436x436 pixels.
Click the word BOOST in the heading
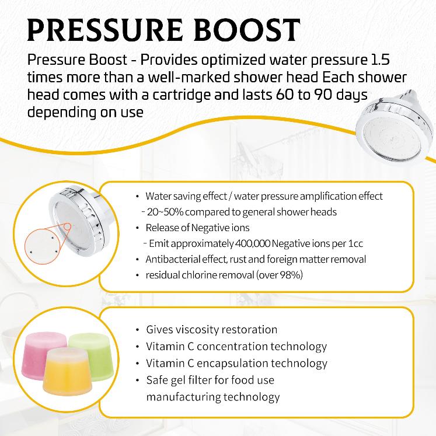250,30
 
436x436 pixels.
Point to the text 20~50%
163,212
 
